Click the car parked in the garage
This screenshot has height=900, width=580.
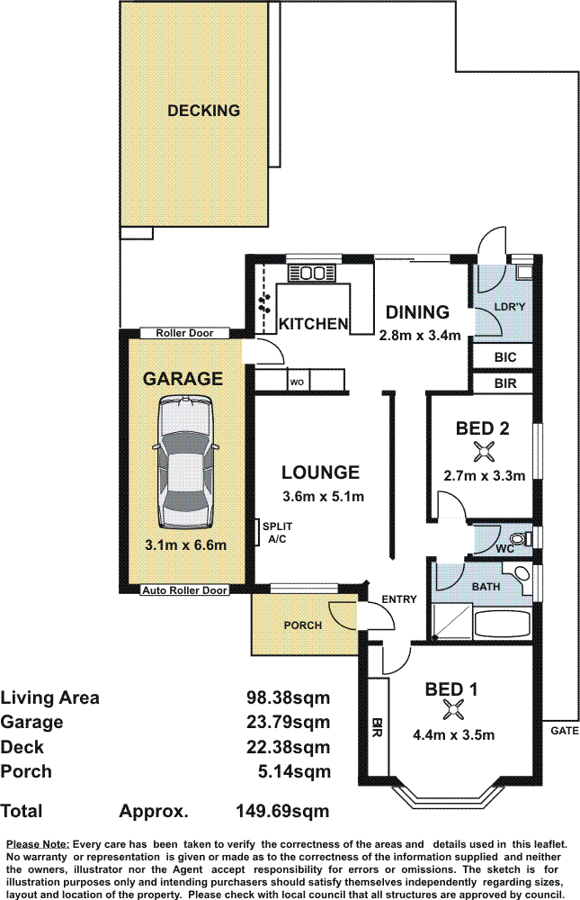184,462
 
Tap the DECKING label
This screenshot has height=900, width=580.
203,110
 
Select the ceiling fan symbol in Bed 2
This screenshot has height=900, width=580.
482,453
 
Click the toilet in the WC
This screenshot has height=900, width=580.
519,538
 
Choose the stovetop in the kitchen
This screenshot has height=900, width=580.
311,274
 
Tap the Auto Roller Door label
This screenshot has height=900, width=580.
184,590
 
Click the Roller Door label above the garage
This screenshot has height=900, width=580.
184,333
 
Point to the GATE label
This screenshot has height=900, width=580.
565,731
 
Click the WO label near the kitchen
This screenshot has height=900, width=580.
297,382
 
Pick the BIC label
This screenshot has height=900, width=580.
504,357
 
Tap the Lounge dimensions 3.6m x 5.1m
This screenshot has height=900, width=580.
323,497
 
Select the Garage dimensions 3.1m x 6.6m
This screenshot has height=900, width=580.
185,544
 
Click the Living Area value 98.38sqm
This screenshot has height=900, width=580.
289,697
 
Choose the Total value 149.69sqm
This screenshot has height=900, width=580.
283,811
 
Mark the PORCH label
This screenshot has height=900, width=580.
303,625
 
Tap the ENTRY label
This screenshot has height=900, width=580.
399,599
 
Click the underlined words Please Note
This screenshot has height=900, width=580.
38,844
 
